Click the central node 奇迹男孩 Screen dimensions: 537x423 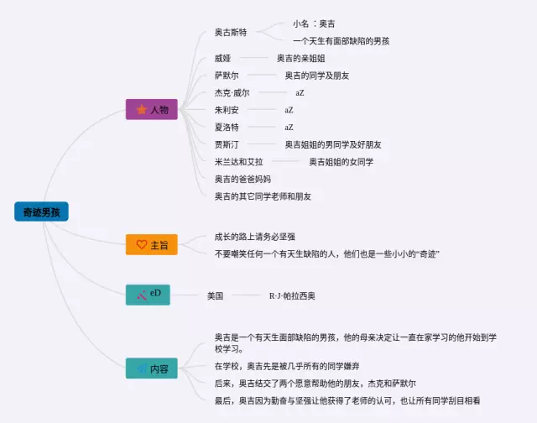point(41,211)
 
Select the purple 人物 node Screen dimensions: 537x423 point(152,110)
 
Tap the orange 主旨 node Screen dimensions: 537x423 point(152,245)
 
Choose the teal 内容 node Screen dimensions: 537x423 point(152,368)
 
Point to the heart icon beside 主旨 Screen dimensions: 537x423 point(141,245)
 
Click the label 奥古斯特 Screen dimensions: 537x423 point(231,32)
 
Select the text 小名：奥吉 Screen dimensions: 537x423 point(319,23)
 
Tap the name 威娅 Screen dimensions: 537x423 point(222,59)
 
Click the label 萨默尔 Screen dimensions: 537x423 point(227,76)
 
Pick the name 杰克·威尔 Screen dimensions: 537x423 point(232,93)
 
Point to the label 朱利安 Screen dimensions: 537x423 point(227,110)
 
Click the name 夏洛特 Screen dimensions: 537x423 point(227,128)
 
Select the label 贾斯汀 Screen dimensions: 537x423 point(227,144)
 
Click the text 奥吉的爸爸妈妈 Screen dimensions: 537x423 point(243,179)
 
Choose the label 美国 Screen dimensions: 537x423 point(216,295)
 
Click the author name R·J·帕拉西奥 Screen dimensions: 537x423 point(292,295)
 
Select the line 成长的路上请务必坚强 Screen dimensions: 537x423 point(255,237)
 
